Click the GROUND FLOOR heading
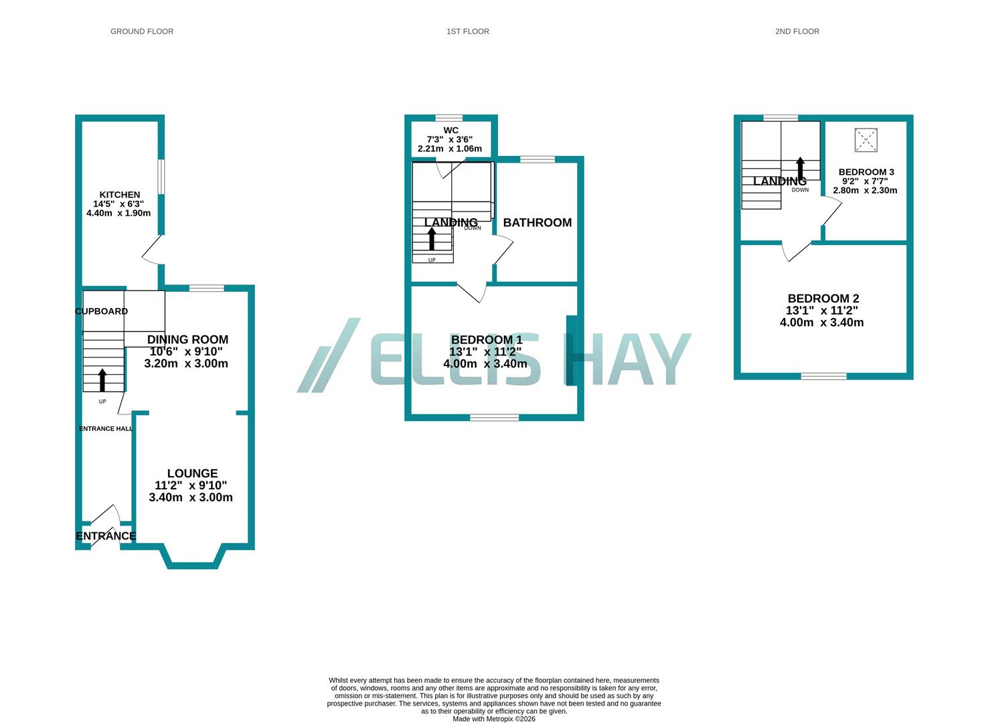142,31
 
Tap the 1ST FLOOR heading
468,31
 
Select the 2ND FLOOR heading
797,31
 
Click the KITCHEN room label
120,195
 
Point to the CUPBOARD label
101,311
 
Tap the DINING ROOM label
187,339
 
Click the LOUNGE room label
192,473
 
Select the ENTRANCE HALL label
106,428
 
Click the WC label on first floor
450,130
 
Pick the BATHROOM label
537,222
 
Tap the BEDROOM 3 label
866,172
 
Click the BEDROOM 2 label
823,299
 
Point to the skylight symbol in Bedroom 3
866,140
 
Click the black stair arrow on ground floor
102,380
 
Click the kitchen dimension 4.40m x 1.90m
118,214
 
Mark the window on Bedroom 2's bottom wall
823,376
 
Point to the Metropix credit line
494,719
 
